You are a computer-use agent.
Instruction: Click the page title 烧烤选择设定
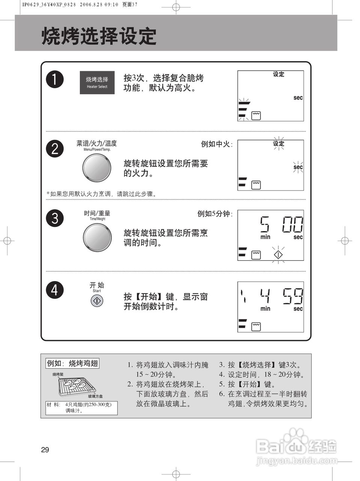click(99, 36)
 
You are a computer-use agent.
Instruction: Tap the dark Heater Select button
click(97, 83)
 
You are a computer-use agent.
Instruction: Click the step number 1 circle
click(55, 80)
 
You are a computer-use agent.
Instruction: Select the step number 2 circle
click(55, 149)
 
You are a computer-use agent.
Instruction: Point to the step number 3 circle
click(55, 218)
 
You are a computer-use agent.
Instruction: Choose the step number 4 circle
click(55, 290)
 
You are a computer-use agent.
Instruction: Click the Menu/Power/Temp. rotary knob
click(96, 167)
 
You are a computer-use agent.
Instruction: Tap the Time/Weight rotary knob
click(97, 237)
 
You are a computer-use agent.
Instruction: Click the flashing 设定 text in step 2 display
click(279, 144)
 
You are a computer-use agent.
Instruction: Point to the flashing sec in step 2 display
click(298, 167)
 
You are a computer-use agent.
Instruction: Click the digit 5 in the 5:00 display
click(265, 225)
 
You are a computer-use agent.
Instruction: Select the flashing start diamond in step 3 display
click(278, 254)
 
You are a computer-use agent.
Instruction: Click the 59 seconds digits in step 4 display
click(293, 296)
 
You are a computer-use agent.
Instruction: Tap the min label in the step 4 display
click(265, 309)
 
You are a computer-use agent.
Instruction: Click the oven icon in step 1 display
click(256, 115)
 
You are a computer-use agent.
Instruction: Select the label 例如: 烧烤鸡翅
click(72, 363)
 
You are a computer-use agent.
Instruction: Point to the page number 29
click(45, 450)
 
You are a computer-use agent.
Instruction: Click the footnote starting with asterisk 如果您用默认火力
click(101, 194)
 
